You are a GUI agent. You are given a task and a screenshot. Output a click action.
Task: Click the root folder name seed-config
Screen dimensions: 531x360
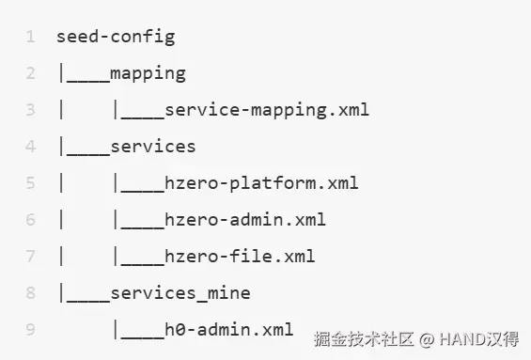point(116,37)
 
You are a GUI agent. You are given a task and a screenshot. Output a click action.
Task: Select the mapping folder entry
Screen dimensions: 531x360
point(148,74)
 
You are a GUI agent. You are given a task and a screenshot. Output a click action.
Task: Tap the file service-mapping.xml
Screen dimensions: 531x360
point(267,110)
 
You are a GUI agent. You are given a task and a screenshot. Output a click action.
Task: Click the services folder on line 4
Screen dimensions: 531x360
point(153,147)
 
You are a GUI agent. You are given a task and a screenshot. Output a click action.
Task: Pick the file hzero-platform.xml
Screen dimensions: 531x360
point(261,183)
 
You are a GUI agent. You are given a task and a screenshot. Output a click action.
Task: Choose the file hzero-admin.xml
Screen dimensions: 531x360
point(245,219)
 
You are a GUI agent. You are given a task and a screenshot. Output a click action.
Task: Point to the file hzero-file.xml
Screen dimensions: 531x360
point(240,256)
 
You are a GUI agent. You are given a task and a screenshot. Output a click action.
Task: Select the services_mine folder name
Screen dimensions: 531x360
point(180,293)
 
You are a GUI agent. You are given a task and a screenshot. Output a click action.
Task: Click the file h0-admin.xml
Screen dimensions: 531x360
point(229,329)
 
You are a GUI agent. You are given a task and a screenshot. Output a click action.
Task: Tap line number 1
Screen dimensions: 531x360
point(30,37)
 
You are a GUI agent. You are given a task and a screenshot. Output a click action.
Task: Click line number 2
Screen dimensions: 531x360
point(30,73)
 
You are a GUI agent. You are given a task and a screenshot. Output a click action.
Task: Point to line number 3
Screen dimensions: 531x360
point(30,110)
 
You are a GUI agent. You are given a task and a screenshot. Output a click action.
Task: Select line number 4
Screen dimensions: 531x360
point(30,147)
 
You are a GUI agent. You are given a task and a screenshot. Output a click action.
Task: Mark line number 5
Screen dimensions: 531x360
point(30,183)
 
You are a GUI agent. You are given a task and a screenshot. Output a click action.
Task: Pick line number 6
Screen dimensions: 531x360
point(30,219)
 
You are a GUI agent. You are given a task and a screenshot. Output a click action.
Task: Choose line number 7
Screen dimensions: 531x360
point(30,256)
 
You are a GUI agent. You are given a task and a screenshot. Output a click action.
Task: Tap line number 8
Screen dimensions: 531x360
point(30,292)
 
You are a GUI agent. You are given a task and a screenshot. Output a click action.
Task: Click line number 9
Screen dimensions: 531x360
point(30,329)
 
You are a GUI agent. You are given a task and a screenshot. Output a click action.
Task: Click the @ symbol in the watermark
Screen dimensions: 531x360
point(427,339)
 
